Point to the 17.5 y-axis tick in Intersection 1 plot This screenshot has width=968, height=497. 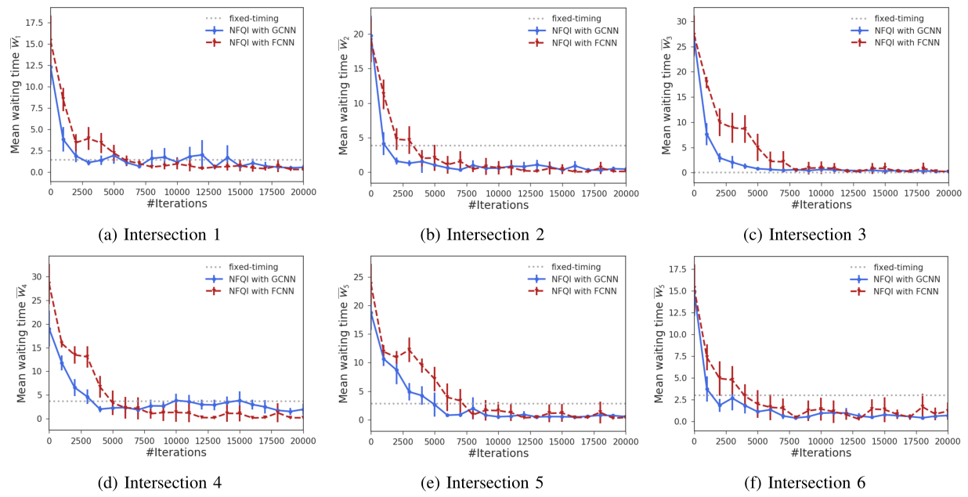pyautogui.click(x=34, y=23)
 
